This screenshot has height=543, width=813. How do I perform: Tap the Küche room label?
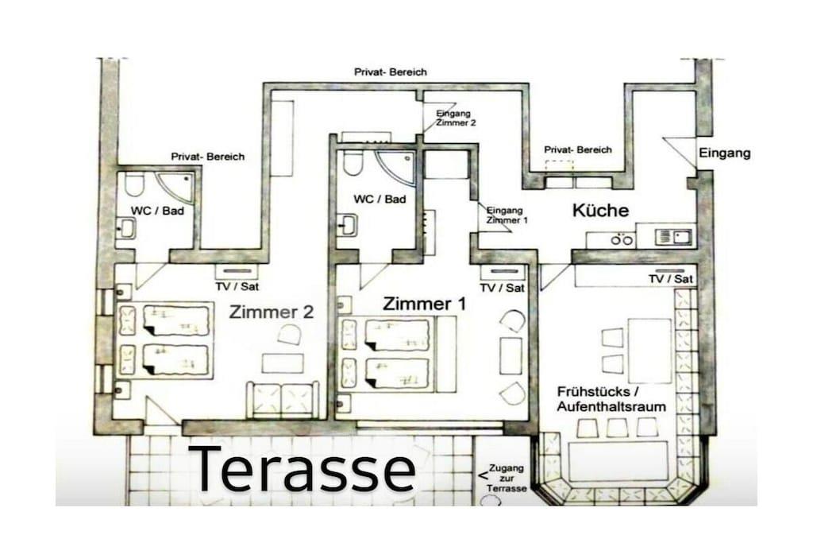pos(600,210)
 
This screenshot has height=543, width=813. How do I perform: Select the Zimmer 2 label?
pos(272,312)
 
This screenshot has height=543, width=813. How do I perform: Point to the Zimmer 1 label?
pos(424,304)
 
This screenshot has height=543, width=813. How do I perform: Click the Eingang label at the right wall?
pos(724,153)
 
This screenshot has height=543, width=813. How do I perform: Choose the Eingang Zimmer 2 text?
pos(456,118)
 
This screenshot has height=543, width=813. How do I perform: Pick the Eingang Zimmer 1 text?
pos(507,215)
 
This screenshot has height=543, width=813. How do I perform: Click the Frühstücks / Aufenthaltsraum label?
pos(611,398)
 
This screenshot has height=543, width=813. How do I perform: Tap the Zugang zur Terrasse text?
pos(507,478)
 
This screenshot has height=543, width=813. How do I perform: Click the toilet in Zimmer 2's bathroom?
pos(133,185)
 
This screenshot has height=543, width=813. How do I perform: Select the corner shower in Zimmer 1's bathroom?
pos(398,167)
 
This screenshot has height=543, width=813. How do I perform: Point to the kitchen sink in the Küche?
pos(673,237)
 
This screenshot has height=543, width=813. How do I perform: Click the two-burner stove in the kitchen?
pos(622,240)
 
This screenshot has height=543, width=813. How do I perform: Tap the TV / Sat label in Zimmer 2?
pos(237,286)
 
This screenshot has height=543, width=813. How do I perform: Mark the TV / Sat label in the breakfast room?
pos(670,279)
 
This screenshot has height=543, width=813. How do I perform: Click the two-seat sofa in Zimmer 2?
pos(283,400)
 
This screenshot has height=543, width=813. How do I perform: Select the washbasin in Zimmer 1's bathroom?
pos(347,225)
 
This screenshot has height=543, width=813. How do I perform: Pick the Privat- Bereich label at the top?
pos(391,72)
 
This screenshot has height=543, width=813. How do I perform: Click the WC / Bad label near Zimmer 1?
pos(380,200)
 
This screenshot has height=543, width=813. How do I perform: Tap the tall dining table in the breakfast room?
pos(649,351)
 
